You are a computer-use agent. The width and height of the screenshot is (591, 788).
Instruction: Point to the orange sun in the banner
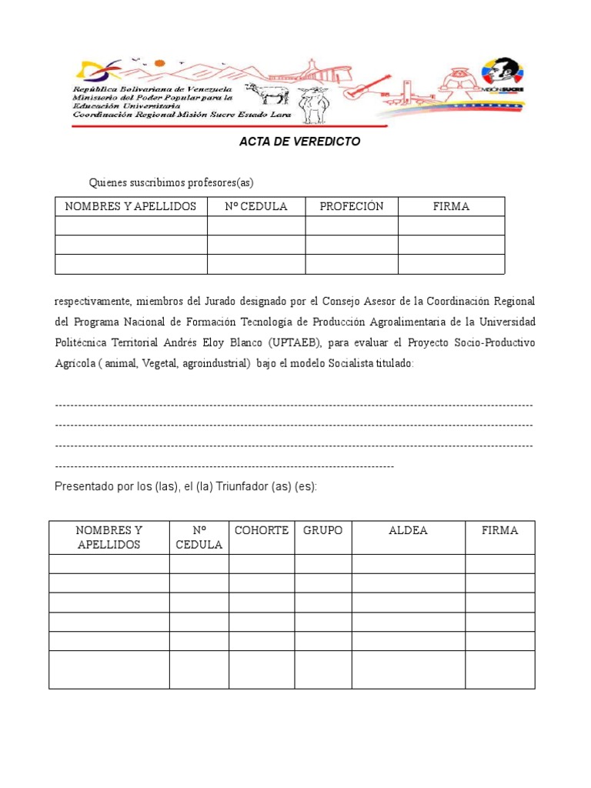159,63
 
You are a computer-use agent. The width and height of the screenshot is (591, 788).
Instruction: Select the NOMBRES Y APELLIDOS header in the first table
131,206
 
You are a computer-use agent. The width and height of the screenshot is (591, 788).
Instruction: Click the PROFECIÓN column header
351,206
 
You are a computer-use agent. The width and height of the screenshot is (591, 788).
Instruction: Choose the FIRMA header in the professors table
451,206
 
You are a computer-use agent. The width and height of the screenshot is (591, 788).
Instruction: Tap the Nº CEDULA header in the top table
255,206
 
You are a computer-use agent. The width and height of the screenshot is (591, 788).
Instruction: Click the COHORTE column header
262,530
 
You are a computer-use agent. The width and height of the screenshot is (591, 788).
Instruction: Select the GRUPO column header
323,530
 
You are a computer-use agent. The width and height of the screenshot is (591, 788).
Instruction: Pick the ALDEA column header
408,530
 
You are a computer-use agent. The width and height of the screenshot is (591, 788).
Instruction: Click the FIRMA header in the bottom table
499,530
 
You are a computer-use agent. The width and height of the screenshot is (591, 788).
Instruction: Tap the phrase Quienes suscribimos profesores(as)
171,182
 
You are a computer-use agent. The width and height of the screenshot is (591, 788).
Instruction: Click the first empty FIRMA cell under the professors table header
451,225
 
